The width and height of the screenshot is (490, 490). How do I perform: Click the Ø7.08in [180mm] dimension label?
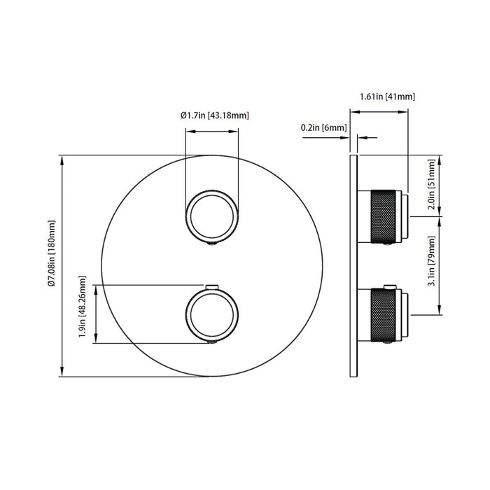pos(52,253)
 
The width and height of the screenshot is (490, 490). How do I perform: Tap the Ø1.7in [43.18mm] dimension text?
pos(215,115)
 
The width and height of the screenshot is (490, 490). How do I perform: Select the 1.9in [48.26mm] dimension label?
pos(82,307)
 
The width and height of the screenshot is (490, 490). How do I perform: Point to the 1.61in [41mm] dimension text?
pos(388,97)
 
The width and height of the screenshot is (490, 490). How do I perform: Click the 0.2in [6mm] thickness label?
pos(323,127)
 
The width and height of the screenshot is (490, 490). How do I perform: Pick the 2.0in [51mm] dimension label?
pos(432,184)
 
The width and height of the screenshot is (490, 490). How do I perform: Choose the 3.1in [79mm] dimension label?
pos(432,261)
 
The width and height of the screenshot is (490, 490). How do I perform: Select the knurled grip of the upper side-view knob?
pos(383,216)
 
